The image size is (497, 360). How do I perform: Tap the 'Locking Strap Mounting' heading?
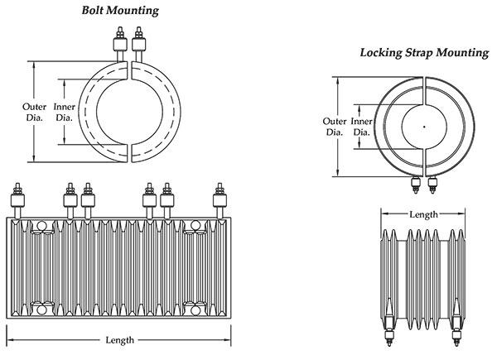point(423,52)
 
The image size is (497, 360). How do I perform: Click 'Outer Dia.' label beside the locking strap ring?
point(334,126)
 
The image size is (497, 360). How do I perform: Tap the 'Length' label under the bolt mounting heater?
point(120,340)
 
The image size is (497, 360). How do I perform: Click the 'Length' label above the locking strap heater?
point(423,214)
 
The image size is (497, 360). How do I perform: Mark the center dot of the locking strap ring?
point(423,127)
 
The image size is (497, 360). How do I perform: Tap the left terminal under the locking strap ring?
point(416,185)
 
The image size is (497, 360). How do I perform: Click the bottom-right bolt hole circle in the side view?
point(195,310)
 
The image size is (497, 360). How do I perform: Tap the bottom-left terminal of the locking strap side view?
point(389,338)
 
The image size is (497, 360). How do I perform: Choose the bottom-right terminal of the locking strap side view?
point(456,338)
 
